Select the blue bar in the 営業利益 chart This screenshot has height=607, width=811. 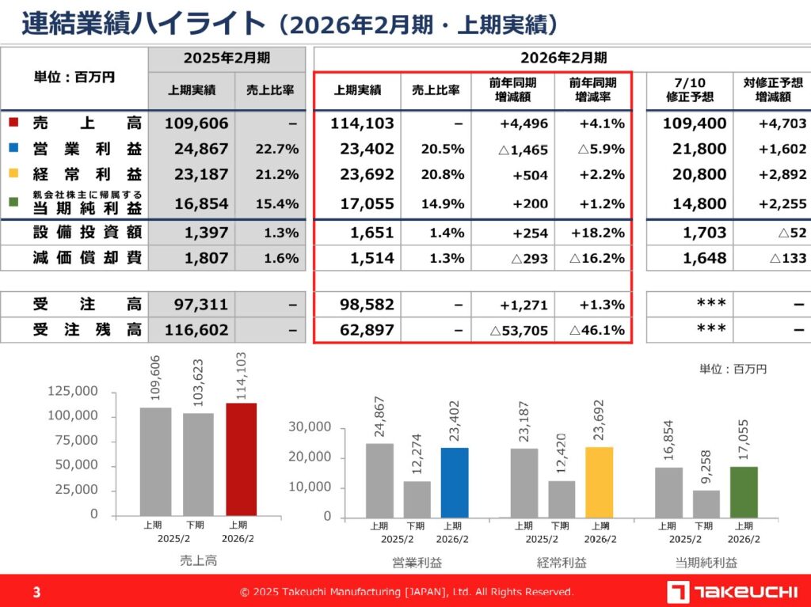pyautogui.click(x=455, y=482)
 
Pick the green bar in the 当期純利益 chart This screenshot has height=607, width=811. pyautogui.click(x=744, y=491)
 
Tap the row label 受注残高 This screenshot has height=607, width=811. pyautogui.click(x=87, y=330)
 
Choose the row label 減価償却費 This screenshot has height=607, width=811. pyautogui.click(x=87, y=258)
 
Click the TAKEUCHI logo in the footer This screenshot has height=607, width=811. pyautogui.click(x=733, y=591)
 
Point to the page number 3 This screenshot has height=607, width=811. pyautogui.click(x=37, y=592)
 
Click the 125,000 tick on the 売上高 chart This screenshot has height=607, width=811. pyautogui.click(x=73, y=391)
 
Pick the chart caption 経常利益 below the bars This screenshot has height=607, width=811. pyautogui.click(x=562, y=563)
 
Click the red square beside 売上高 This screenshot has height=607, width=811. pyautogui.click(x=13, y=123)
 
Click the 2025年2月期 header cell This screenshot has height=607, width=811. pyautogui.click(x=227, y=58)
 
